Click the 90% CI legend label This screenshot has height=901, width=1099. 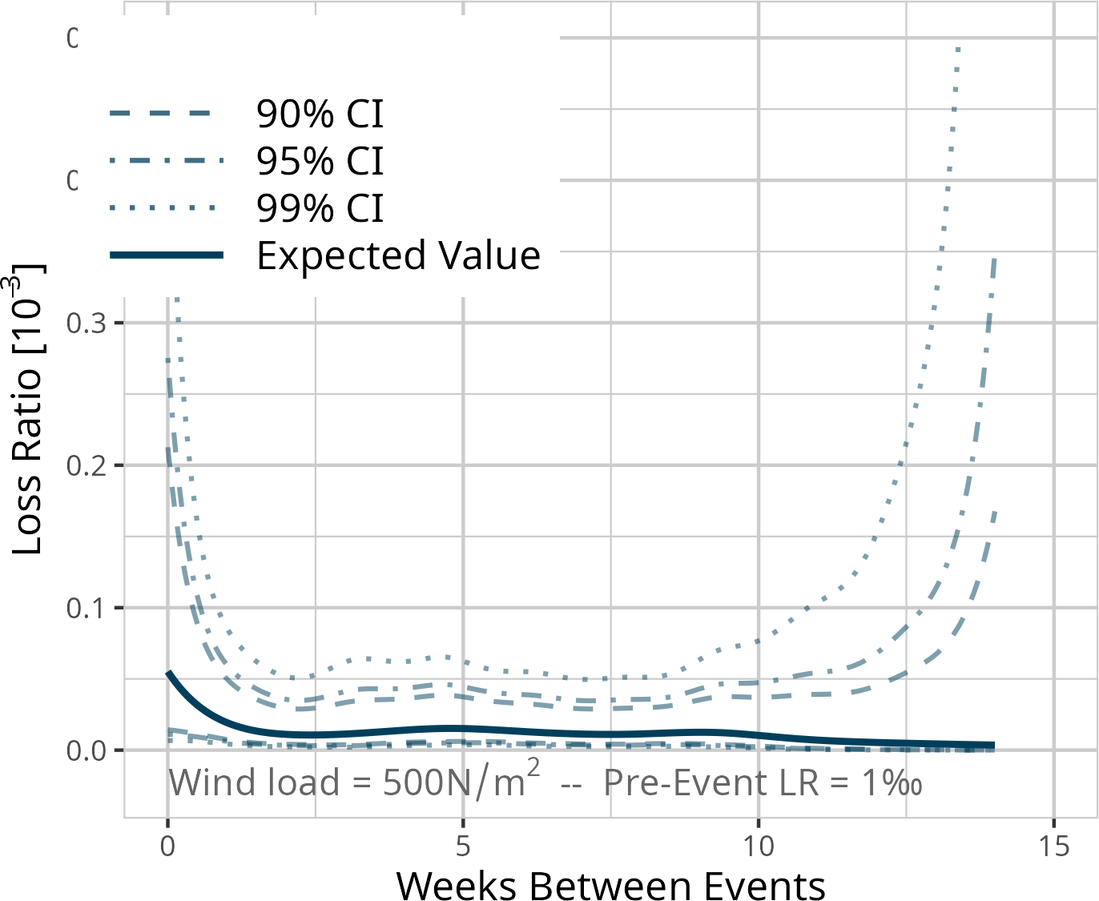tap(320, 115)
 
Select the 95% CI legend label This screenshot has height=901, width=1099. tap(320, 162)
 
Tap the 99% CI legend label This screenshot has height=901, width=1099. tap(320, 209)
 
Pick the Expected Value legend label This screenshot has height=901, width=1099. tap(398, 256)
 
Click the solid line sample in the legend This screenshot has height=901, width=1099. tap(166, 255)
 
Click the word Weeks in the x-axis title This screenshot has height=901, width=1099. tap(457, 886)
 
